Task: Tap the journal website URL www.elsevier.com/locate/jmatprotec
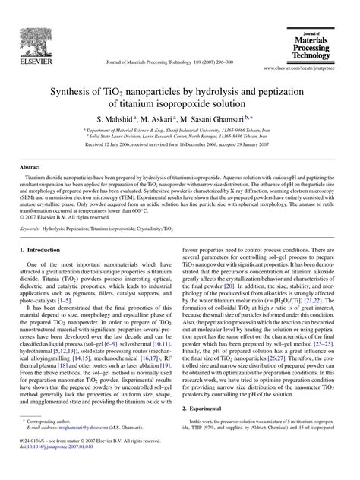307,68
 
